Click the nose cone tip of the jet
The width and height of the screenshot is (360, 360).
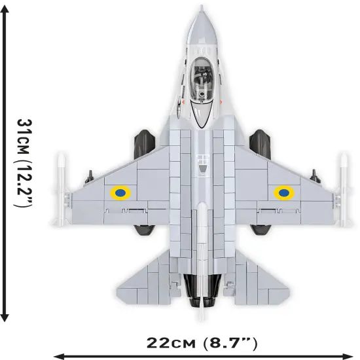pyautogui.click(x=202, y=8)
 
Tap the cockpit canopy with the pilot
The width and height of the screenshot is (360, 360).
pyautogui.click(x=202, y=92)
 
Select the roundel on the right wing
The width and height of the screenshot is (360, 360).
pyautogui.click(x=283, y=192)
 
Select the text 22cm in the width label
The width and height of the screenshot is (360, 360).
pyautogui.click(x=167, y=342)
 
